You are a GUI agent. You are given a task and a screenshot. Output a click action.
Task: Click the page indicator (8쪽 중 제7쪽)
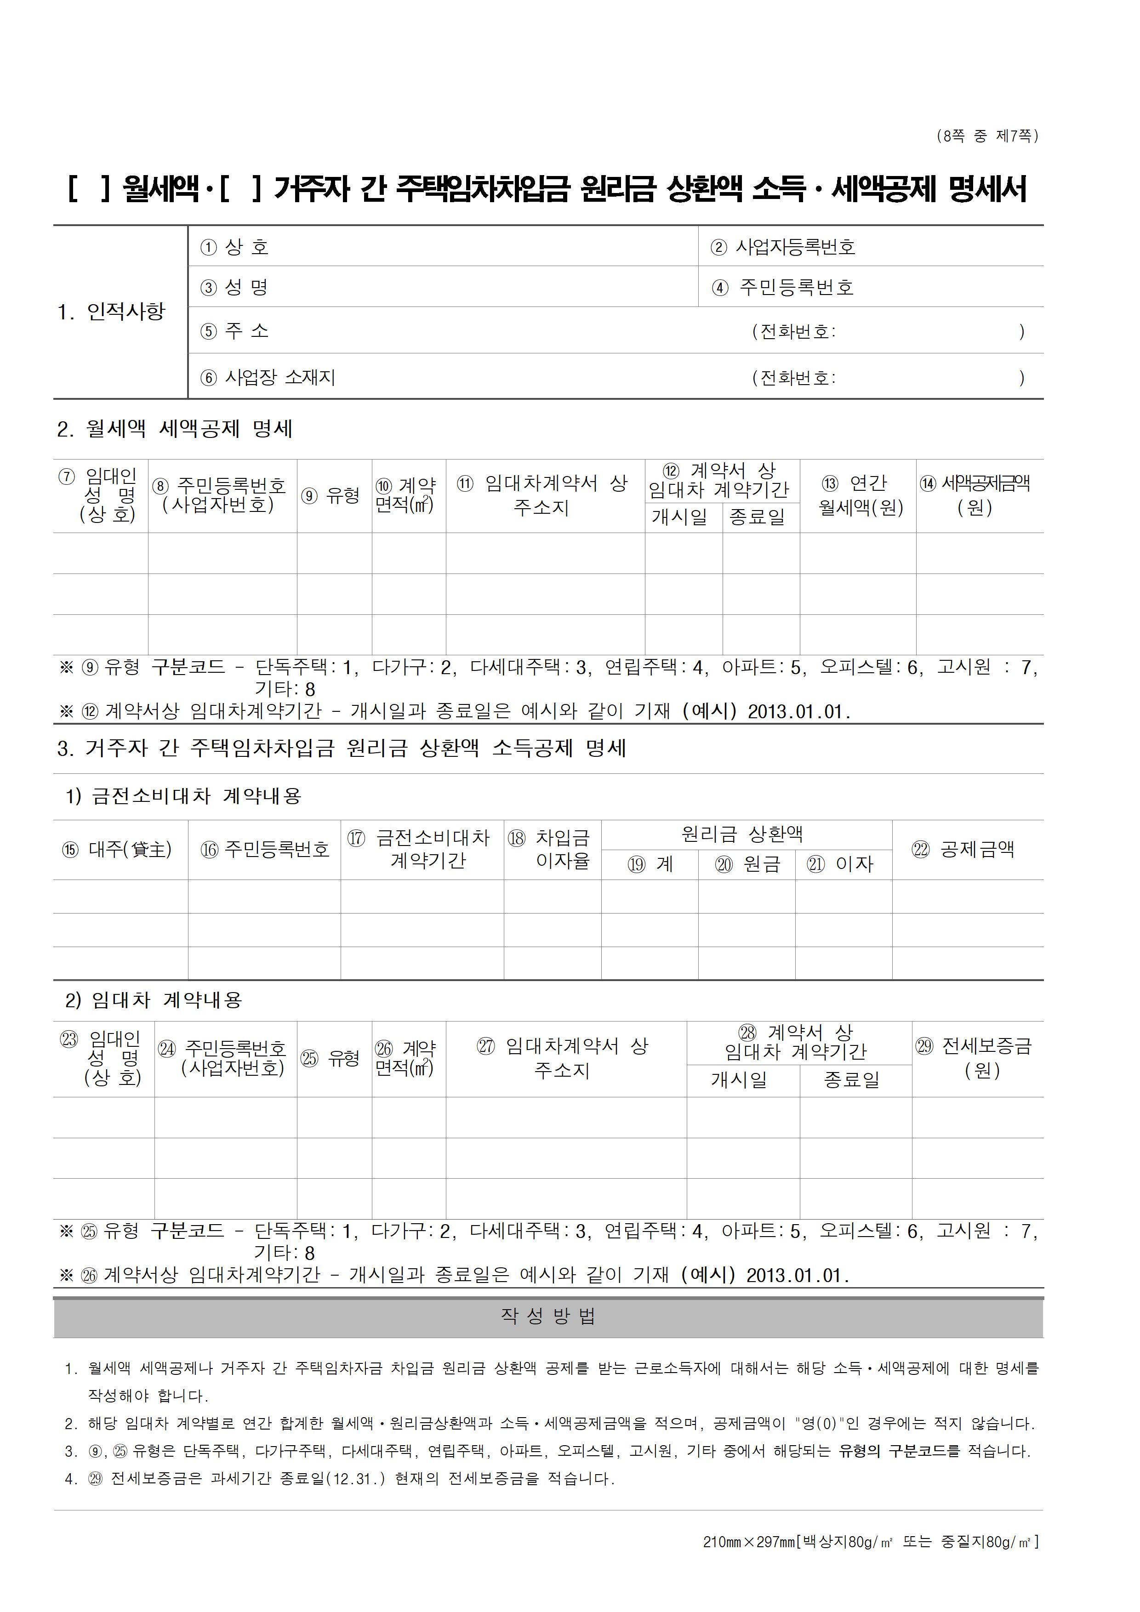987,136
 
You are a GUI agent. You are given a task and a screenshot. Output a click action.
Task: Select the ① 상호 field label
234,247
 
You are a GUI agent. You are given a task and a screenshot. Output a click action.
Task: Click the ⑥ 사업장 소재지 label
268,378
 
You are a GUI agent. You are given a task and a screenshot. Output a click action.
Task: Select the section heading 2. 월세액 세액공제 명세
175,429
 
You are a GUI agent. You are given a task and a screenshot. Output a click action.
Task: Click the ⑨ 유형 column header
331,496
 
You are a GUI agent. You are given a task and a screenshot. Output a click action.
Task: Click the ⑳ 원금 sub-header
747,864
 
